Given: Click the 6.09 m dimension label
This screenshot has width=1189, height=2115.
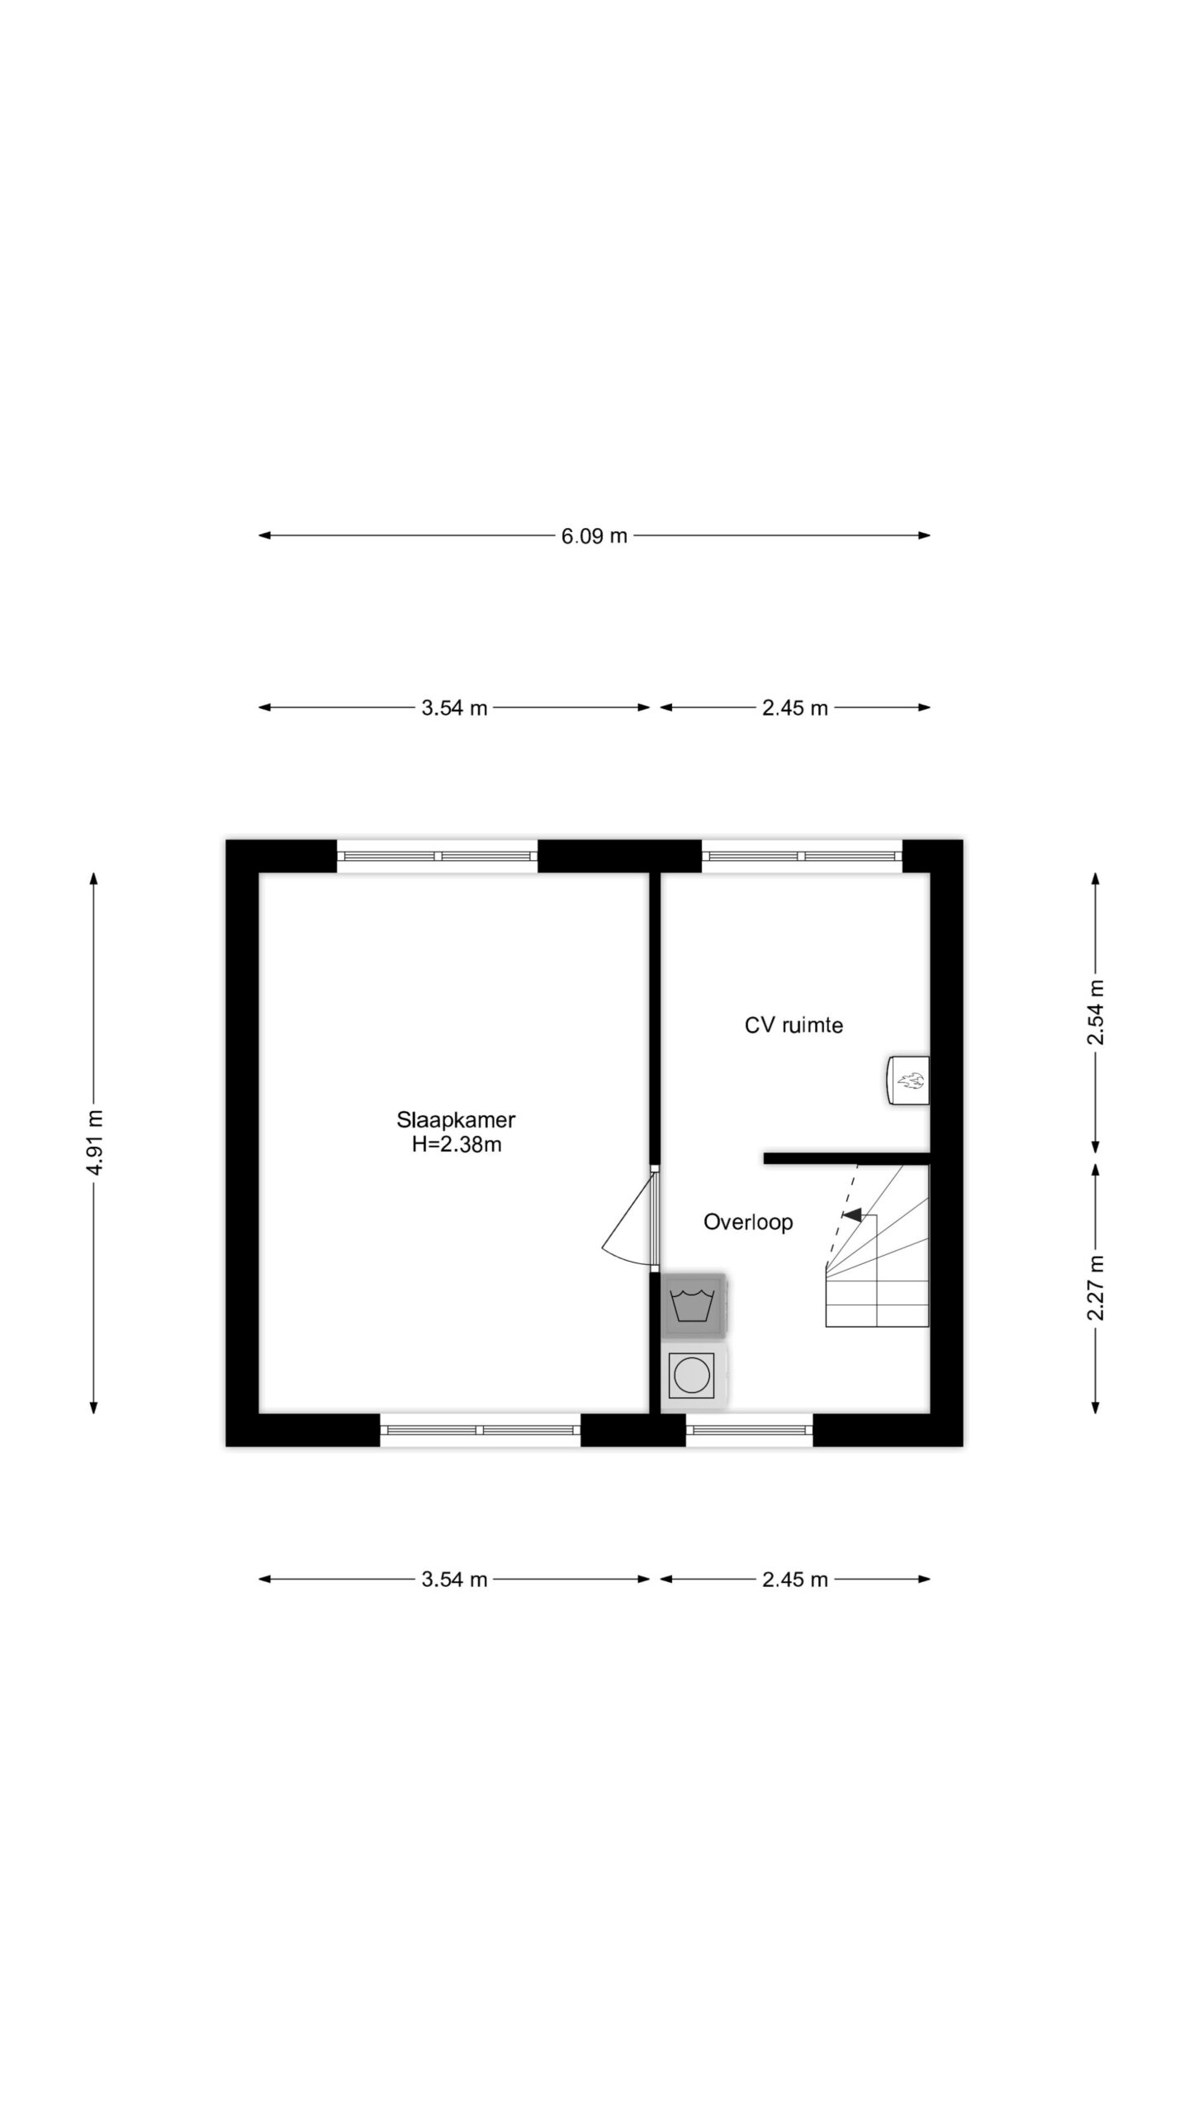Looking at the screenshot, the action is click(x=594, y=536).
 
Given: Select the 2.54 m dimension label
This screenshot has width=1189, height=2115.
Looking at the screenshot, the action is click(x=1095, y=1012).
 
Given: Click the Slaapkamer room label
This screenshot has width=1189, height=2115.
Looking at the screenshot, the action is click(x=456, y=1119).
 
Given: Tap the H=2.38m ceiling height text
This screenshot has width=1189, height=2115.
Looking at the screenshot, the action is click(x=457, y=1145).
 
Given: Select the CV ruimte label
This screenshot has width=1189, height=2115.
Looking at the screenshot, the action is click(x=793, y=1025).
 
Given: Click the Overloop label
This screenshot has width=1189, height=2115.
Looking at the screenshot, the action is click(x=748, y=1222).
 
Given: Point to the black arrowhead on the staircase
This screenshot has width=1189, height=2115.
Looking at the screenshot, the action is click(x=852, y=1214).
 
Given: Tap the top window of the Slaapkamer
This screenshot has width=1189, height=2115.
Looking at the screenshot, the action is click(x=437, y=856).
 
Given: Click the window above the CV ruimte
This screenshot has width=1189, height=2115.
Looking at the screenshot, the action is click(x=802, y=856).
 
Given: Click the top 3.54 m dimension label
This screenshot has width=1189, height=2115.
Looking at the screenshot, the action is click(x=454, y=708).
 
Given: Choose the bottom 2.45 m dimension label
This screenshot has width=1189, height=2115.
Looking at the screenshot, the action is click(x=795, y=1580).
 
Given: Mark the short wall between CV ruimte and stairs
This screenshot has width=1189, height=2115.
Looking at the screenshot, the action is click(x=847, y=1158).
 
